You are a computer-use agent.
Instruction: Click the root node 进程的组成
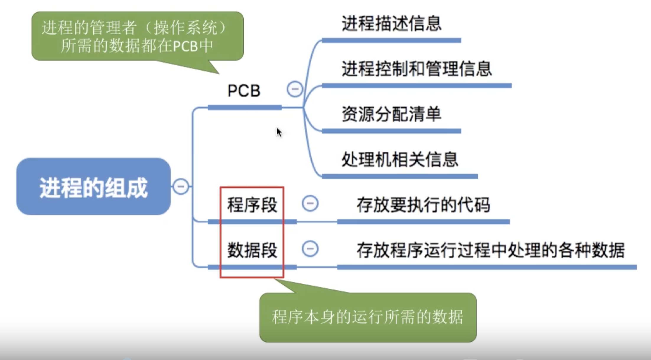93,187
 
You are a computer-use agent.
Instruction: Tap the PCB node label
244,90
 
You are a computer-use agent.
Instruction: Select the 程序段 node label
252,205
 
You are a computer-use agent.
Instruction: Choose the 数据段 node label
252,250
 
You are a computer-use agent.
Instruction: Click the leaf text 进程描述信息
391,24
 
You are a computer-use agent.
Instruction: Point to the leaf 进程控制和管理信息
416,69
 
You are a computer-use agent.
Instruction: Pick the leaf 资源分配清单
391,114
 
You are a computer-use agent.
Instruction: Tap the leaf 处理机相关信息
400,160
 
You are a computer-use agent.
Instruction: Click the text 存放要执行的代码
423,205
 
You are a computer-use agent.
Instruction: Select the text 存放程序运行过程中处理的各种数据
490,250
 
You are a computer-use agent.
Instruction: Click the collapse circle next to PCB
295,89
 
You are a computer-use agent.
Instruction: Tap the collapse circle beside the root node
181,187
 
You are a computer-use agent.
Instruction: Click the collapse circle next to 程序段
310,203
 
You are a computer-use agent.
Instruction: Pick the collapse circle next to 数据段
310,249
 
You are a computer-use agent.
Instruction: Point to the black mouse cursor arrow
279,132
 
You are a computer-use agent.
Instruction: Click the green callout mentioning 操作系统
137,36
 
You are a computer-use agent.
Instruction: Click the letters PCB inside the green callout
185,46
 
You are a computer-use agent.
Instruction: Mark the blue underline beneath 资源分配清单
391,131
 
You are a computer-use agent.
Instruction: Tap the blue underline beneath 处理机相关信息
400,176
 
